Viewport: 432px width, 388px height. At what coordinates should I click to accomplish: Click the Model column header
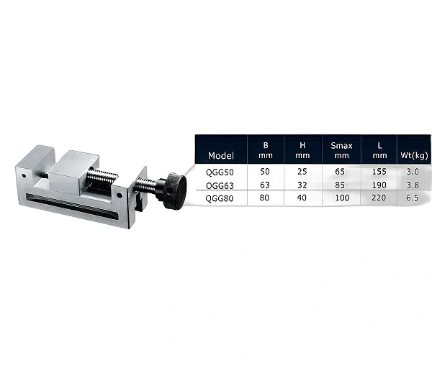point(221,156)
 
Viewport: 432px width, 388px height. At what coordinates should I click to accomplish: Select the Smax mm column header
point(341,150)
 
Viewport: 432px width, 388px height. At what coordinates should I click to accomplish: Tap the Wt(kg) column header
point(415,155)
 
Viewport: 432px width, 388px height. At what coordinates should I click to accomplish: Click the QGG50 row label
point(220,172)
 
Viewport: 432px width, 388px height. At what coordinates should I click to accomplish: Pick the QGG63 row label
point(220,185)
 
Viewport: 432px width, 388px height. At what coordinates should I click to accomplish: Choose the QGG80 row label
point(220,198)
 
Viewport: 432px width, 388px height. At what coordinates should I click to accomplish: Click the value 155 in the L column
point(379,172)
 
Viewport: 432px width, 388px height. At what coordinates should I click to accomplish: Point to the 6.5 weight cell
point(412,198)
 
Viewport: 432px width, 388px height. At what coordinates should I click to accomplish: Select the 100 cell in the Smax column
point(342,198)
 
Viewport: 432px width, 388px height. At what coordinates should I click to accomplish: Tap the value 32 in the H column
point(302,185)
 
